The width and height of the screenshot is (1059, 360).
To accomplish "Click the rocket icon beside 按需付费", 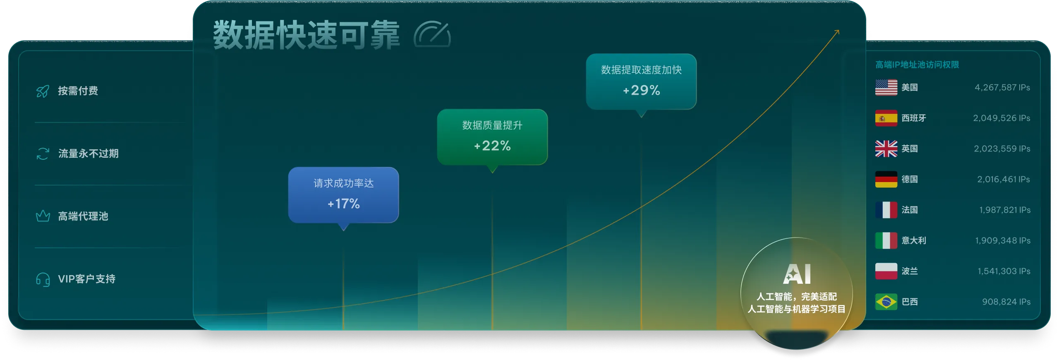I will tap(43, 91).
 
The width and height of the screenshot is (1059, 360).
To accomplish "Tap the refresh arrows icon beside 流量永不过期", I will tap(43, 154).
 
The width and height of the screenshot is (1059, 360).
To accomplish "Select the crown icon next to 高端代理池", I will tap(43, 216).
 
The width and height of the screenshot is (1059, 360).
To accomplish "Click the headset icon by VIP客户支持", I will tap(43, 279).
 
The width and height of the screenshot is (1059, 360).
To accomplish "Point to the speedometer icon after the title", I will tap(432, 35).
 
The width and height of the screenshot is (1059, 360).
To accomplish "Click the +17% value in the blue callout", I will tap(343, 204).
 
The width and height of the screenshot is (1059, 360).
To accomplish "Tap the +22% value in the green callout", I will tap(492, 146).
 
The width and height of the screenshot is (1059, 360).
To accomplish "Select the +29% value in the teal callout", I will tap(641, 90).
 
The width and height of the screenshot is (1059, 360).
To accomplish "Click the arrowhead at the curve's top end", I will tap(837, 31).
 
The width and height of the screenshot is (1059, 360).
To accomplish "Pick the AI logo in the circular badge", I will tap(797, 274).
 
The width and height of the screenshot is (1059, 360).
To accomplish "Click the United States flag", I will tap(886, 87).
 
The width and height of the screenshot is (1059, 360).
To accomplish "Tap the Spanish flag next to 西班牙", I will tap(886, 118).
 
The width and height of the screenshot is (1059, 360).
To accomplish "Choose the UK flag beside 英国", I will tap(886, 149).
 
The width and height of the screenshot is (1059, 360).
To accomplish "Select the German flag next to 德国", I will tap(886, 179).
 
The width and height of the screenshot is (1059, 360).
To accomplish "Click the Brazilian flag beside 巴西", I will tap(886, 302).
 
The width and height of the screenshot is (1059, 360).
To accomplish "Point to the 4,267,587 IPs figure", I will tap(1002, 87).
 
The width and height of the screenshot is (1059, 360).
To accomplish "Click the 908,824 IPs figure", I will tap(1006, 302).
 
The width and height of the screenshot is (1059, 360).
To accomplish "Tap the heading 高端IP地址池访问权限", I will tap(917, 65).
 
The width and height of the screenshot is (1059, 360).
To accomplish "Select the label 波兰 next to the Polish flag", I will tap(910, 271).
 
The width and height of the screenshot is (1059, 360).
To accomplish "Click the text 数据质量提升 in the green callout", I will tap(492, 125).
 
